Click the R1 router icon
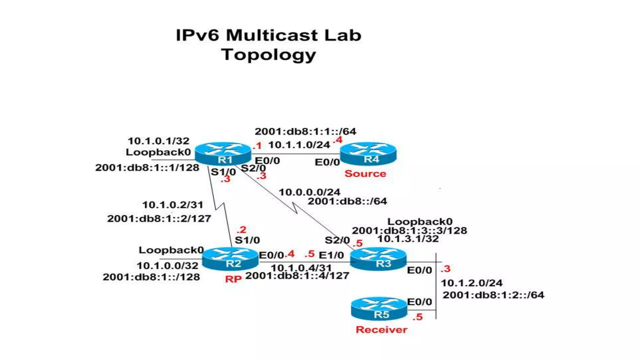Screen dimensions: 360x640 pos(223,154)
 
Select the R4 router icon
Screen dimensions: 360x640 pos(368,153)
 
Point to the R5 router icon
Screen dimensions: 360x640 pos(379,309)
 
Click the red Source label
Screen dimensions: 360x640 pos(365,174)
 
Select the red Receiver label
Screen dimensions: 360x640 pos(381,330)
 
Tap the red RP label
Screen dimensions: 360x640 pos(233,279)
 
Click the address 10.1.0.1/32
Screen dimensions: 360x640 pos(158,141)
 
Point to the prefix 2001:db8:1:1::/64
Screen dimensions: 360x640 pos(305,131)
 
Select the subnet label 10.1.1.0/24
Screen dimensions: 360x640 pos(299,145)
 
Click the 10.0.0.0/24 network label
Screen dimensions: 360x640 pos(309,192)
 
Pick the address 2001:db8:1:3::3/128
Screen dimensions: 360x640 pos(409,231)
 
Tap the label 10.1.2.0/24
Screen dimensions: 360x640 pos(472,283)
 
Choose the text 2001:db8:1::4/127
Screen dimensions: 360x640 pos(297,276)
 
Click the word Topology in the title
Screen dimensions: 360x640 pos(269,55)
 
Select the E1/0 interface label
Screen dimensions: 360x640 pos(331,255)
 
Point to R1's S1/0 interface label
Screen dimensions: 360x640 pos(223,172)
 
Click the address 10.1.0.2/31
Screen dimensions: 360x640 pos(172,205)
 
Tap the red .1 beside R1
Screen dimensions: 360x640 pos(257,146)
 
